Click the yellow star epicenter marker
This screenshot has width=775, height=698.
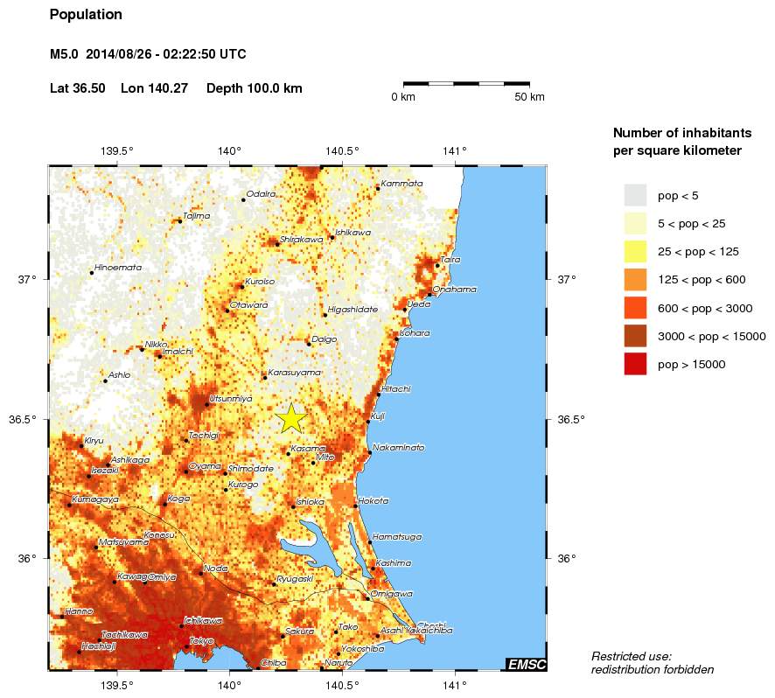point(291,419)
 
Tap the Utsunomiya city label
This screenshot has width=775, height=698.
point(230,398)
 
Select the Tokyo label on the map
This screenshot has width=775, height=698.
point(201,641)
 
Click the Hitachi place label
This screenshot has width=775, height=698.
point(396,388)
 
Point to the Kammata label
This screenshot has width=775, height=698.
point(402,183)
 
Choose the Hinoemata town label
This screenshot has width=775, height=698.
point(117,267)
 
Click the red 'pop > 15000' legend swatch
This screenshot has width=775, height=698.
point(635,364)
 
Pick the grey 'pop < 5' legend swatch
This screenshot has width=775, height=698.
point(635,195)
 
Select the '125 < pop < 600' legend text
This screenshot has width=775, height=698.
point(716,280)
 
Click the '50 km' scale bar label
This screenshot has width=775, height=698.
point(529,97)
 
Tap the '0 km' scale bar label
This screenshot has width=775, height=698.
point(403,97)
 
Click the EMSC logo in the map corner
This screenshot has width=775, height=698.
point(527,665)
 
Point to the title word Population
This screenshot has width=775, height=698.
point(86,15)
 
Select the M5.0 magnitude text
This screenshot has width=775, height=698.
point(65,54)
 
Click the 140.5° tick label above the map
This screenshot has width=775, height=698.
point(342,151)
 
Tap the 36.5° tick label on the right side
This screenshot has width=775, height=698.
point(570,419)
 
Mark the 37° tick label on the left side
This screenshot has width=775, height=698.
point(28,279)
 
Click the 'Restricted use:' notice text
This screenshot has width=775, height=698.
point(631,656)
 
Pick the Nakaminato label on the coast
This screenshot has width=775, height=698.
point(398,447)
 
